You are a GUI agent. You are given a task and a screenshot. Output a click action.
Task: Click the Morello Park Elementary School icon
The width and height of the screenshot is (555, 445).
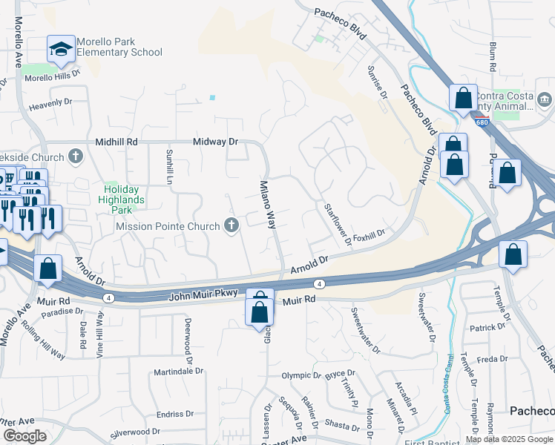pyautogui.click(x=61, y=50)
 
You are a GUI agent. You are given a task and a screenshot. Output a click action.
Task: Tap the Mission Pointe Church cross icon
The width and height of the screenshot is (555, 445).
pyautogui.click(x=231, y=225)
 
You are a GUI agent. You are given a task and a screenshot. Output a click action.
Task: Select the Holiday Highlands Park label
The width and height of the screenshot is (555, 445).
pyautogui.click(x=124, y=194)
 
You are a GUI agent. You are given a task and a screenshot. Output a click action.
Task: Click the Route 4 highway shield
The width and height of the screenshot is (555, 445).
pyautogui.click(x=318, y=283)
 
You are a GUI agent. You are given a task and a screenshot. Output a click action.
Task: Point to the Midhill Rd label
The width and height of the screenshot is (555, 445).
pyautogui.click(x=116, y=141)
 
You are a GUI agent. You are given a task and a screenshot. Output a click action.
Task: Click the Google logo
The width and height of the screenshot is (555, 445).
pyautogui.click(x=24, y=436)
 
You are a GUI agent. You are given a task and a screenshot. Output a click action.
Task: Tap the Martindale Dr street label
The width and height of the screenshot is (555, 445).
pyautogui.click(x=178, y=372)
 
